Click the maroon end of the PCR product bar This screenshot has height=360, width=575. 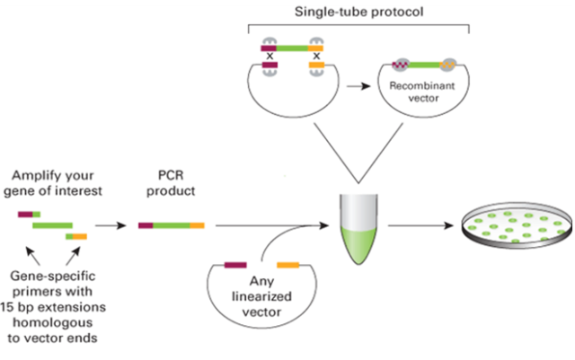[x=146, y=225]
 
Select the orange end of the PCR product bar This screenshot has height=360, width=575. [x=198, y=225]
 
